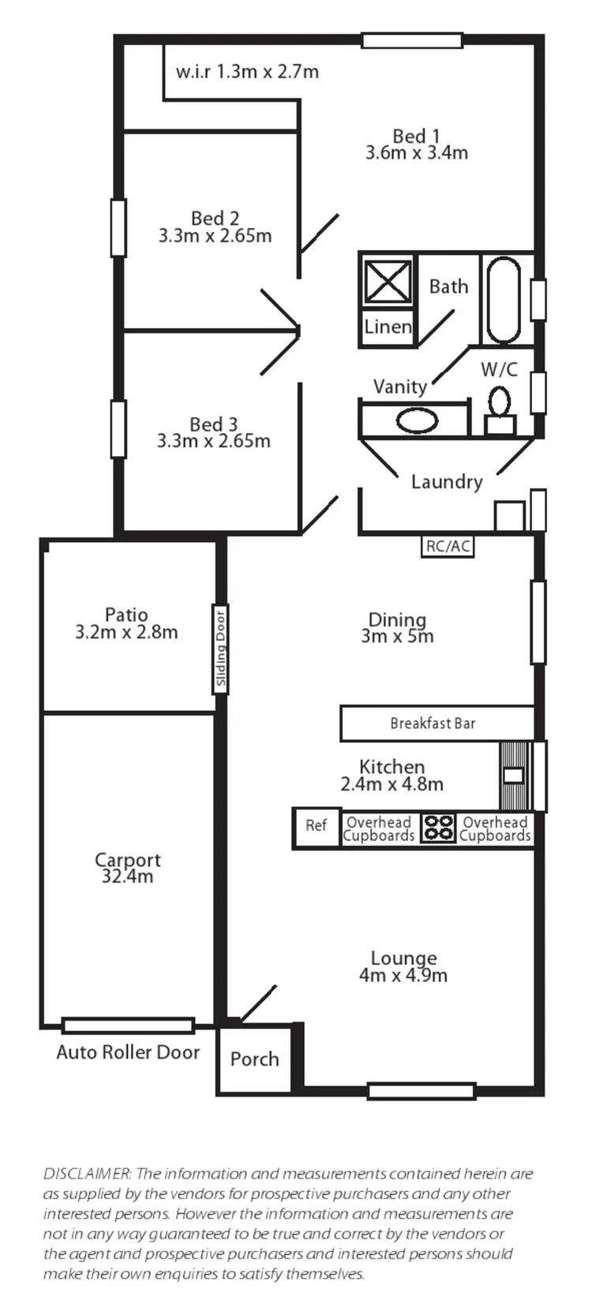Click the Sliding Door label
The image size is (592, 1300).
pyautogui.click(x=220, y=648)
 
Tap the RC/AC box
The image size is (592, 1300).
pyautogui.click(x=448, y=546)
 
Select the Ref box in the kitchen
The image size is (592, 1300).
pyautogui.click(x=316, y=826)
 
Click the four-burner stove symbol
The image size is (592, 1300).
pyautogui.click(x=438, y=828)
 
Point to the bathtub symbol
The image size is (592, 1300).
pyautogui.click(x=503, y=300)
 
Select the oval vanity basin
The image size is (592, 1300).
pyautogui.click(x=416, y=420)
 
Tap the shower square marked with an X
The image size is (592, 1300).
pyautogui.click(x=387, y=281)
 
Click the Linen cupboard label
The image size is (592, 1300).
pyautogui.click(x=388, y=327)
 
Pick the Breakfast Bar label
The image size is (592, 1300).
pyautogui.click(x=433, y=723)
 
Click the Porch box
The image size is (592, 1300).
pyautogui.click(x=254, y=1059)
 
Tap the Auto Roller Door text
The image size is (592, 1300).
pyautogui.click(x=128, y=1052)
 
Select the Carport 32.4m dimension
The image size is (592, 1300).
pyautogui.click(x=127, y=876)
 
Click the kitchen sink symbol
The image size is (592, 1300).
pyautogui.click(x=513, y=775)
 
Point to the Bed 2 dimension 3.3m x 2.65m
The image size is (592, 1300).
pyautogui.click(x=215, y=235)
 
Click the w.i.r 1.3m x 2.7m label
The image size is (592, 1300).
pyautogui.click(x=247, y=72)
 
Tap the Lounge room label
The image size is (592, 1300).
pyautogui.click(x=403, y=958)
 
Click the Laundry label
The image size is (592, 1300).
pyautogui.click(x=447, y=482)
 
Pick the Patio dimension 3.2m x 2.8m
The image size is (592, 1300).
pyautogui.click(x=126, y=632)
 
